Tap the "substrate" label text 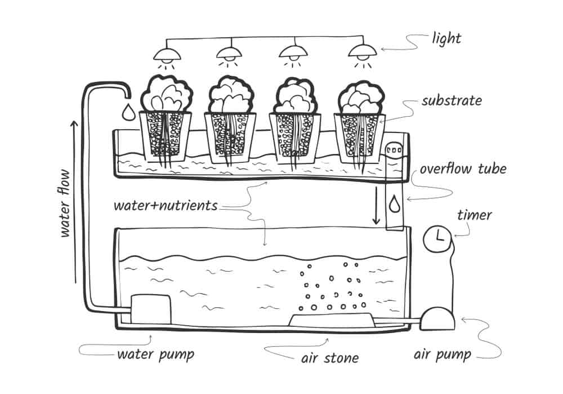click(452, 101)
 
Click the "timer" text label click(474, 215)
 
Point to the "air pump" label click(442, 355)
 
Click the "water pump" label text click(155, 355)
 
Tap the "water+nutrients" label click(166, 205)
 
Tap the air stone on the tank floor click(330, 319)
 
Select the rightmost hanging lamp click(362, 52)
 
